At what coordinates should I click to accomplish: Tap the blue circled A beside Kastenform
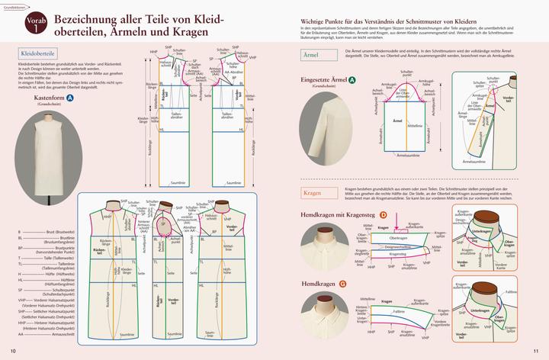(x=70, y=98)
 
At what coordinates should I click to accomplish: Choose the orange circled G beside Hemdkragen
(x=342, y=284)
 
